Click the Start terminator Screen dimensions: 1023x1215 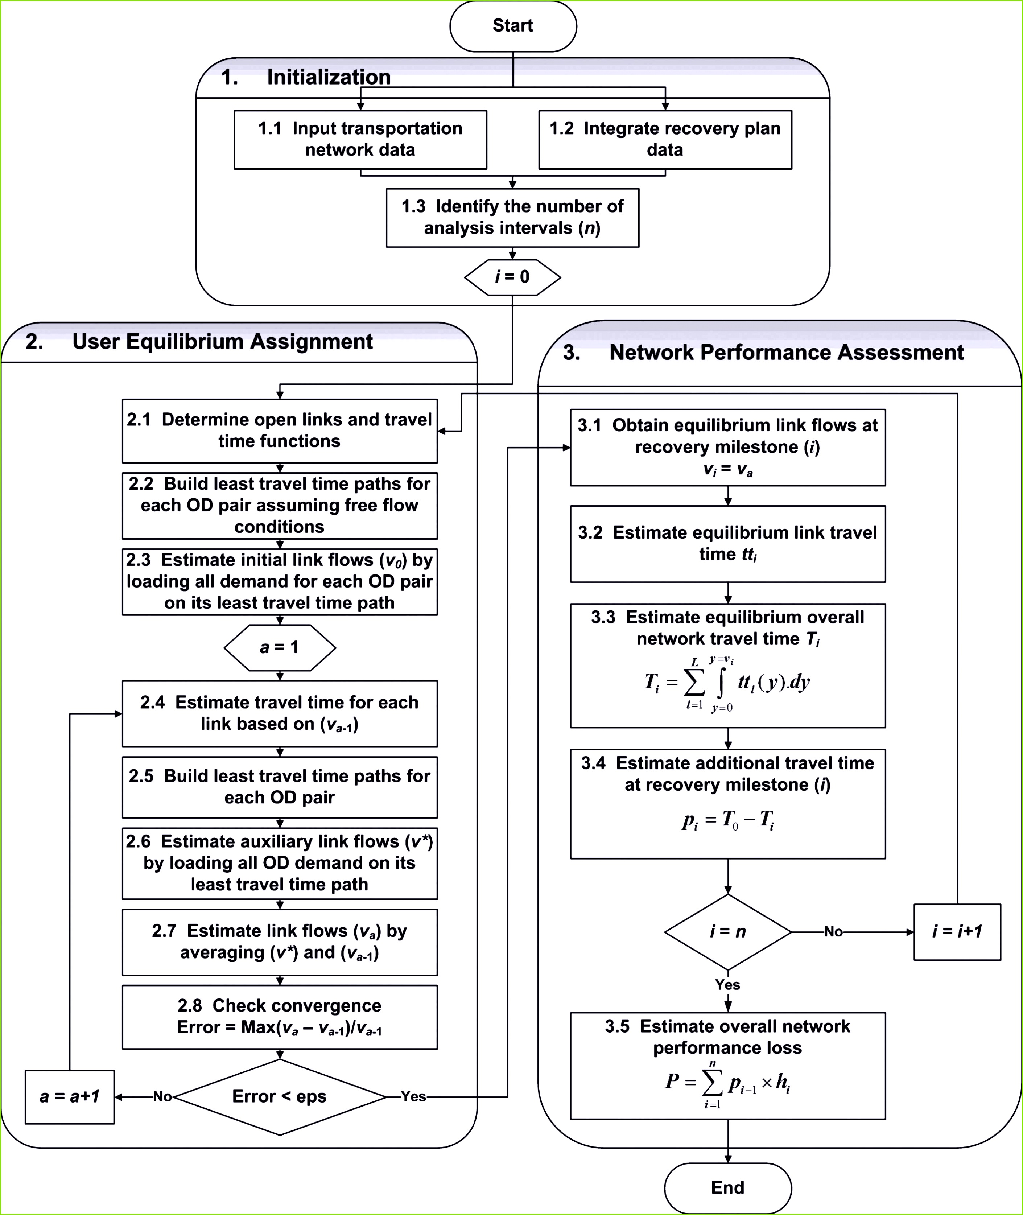513,26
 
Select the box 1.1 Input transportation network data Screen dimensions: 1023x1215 360,140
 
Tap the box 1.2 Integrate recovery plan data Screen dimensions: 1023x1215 665,140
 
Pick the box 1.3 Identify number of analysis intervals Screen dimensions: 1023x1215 513,218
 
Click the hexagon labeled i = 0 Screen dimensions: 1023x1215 513,277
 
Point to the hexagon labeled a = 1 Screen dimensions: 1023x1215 280,647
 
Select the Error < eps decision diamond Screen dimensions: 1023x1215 280,1097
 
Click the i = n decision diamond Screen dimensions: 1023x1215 728,932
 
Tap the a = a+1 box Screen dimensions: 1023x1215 70,1097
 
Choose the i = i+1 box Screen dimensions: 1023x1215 957,932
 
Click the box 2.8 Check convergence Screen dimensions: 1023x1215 280,1017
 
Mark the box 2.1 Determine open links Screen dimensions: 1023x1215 280,431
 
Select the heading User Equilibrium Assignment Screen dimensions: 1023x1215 223,342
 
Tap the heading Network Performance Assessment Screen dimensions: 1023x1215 787,353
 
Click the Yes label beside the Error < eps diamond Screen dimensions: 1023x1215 413,1097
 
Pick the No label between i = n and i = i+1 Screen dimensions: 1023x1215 833,932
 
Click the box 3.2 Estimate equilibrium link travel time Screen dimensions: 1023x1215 728,544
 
